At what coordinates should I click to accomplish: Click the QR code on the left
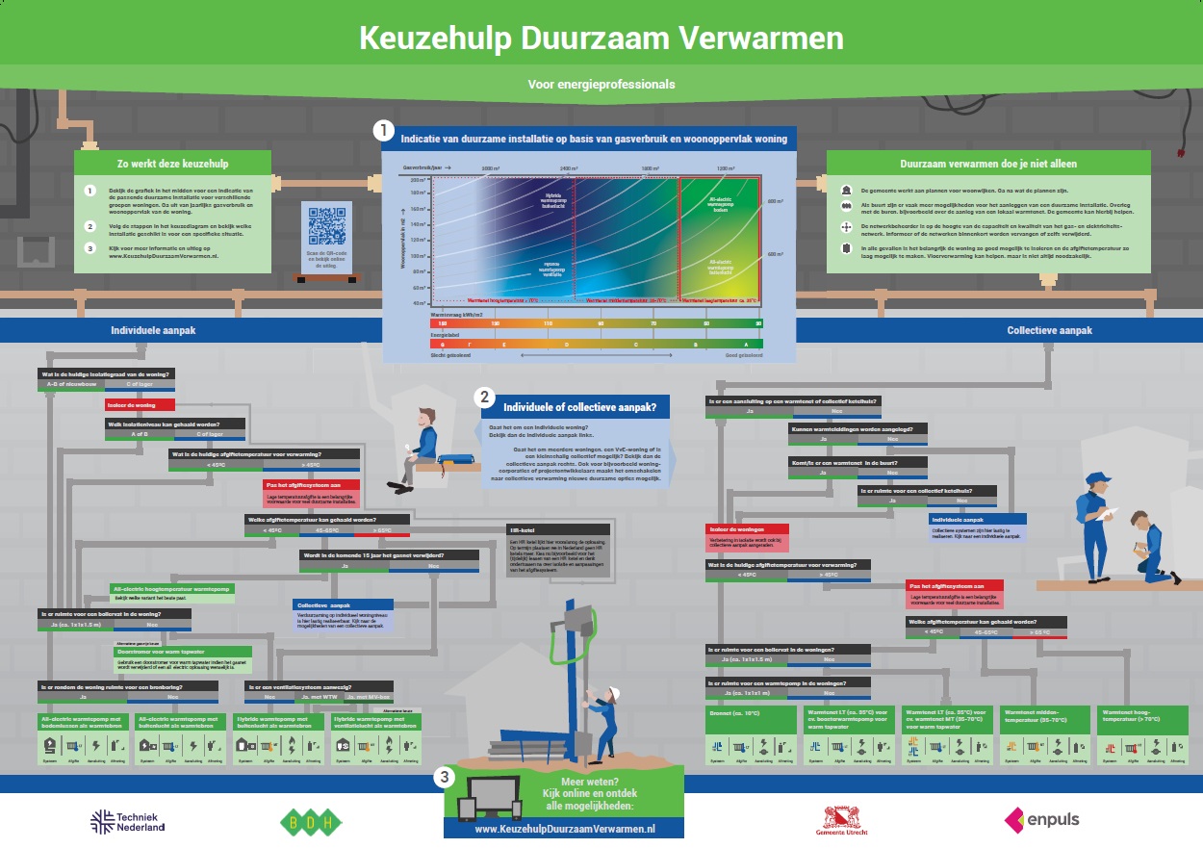pos(326,225)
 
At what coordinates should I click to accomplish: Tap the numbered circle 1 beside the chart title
pos(383,129)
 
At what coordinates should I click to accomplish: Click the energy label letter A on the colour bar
pos(745,344)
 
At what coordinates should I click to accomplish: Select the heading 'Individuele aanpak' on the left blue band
pos(153,329)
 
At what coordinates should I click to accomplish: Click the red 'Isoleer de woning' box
pos(140,405)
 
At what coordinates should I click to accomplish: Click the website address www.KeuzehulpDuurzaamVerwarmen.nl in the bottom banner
pos(565,828)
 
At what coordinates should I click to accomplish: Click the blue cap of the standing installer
pos(1095,478)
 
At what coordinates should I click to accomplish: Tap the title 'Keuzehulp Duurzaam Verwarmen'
pos(601,38)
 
